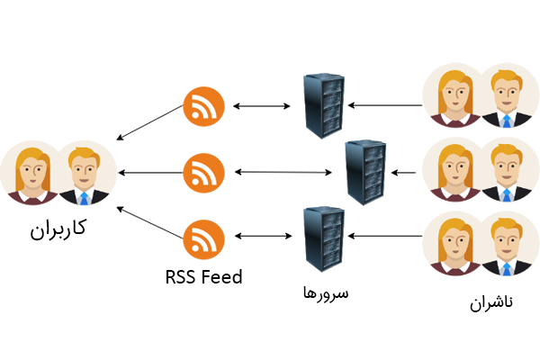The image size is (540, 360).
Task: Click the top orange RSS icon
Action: [x=203, y=106]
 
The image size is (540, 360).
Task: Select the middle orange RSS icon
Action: [x=203, y=171]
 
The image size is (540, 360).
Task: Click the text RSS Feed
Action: [x=203, y=277]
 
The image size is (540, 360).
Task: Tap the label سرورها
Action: [x=325, y=293]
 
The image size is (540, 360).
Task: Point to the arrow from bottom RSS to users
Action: [x=148, y=221]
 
